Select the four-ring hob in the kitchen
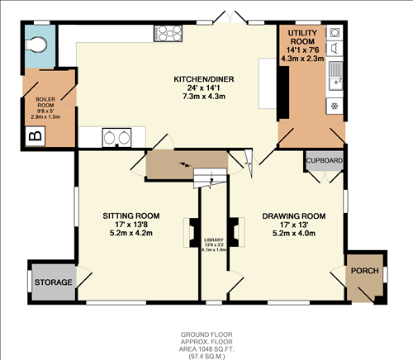click(169, 34)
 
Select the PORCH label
click(364, 272)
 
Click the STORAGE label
click(54, 282)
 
